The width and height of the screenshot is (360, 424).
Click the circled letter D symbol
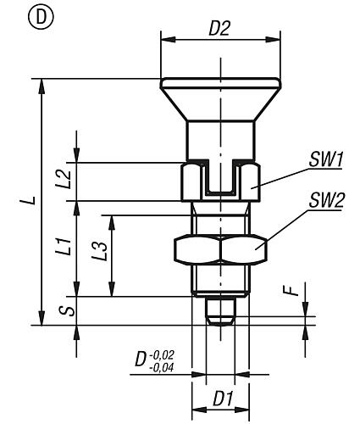pos(41,17)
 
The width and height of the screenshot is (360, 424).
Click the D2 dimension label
pos(219,28)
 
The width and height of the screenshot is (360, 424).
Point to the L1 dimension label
pos(64,247)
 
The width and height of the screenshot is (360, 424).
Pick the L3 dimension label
pos(100,251)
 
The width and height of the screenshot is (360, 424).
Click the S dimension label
pos(67,311)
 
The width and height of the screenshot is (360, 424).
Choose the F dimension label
pos(293,290)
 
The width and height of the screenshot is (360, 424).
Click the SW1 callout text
pos(326,159)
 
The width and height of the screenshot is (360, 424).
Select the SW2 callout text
pos(326,200)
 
